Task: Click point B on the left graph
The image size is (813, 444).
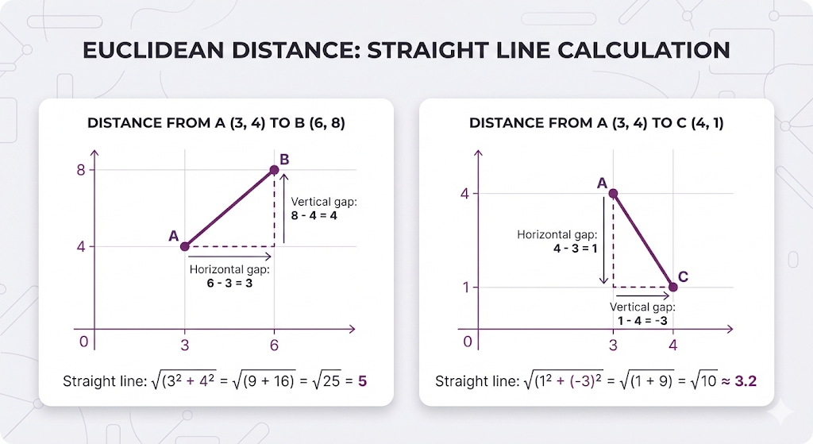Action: (x=274, y=170)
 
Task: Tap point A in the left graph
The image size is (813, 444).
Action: (x=185, y=246)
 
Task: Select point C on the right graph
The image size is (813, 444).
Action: (x=672, y=287)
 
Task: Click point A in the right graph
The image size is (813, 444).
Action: (x=613, y=193)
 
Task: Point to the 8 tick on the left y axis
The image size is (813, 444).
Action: (x=81, y=170)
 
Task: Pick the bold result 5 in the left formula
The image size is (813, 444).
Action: (x=362, y=381)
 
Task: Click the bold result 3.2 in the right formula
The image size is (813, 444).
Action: (x=745, y=381)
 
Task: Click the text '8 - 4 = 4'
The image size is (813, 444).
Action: (x=314, y=216)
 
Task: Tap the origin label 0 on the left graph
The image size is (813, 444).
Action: (x=83, y=342)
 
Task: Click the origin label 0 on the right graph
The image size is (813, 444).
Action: (x=468, y=342)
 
